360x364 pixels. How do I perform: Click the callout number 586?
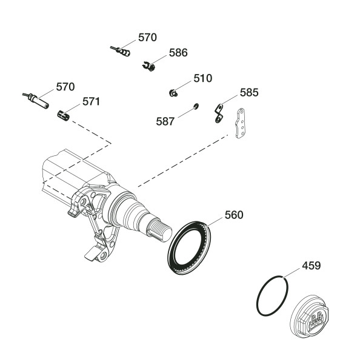[x=178, y=53]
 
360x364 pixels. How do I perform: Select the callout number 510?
[x=203, y=78]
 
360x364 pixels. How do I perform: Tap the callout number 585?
[x=249, y=93]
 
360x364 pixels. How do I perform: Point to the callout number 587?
[x=165, y=122]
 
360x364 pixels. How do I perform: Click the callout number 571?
[x=92, y=102]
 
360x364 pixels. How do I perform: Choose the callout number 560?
[x=234, y=215]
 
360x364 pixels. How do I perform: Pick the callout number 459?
[x=312, y=266]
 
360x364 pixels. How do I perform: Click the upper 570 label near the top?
[x=147, y=38]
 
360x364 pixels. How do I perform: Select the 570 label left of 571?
[x=65, y=87]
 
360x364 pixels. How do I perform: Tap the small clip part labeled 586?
[x=148, y=66]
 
